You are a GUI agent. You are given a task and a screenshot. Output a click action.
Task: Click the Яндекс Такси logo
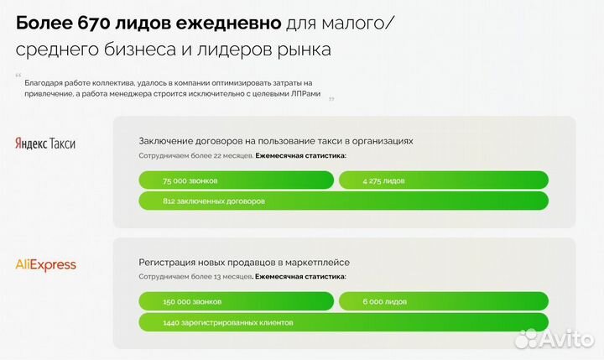pyautogui.click(x=46, y=143)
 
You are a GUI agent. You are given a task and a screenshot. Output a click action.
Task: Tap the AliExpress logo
pyautogui.click(x=46, y=264)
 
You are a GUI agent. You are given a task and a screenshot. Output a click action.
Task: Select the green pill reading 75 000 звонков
pyautogui.click(x=236, y=180)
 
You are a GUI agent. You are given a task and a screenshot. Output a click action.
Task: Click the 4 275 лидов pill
pyautogui.click(x=443, y=180)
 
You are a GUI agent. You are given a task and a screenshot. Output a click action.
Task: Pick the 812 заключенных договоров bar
pyautogui.click(x=343, y=201)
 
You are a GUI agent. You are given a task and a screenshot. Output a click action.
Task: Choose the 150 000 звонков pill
pyautogui.click(x=236, y=301)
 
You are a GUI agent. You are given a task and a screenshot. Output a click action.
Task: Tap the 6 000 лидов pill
pyautogui.click(x=443, y=301)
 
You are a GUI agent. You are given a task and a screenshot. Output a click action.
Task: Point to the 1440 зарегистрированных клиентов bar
pyautogui.click(x=343, y=322)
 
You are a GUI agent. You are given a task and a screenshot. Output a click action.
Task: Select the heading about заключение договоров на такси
pyautogui.click(x=276, y=141)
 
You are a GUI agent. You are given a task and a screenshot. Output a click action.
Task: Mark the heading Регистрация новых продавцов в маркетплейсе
pyautogui.click(x=244, y=262)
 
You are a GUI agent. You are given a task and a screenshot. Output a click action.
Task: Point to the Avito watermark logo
pyautogui.click(x=555, y=337)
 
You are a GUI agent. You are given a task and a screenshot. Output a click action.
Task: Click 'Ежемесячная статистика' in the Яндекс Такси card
pyautogui.click(x=301, y=155)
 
